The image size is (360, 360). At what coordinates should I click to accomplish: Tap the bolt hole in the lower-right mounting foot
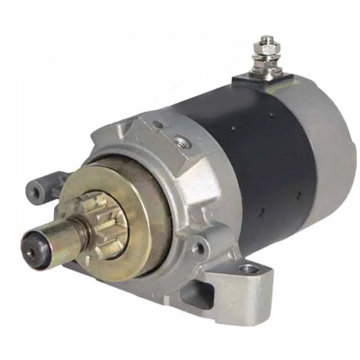[248, 270]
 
